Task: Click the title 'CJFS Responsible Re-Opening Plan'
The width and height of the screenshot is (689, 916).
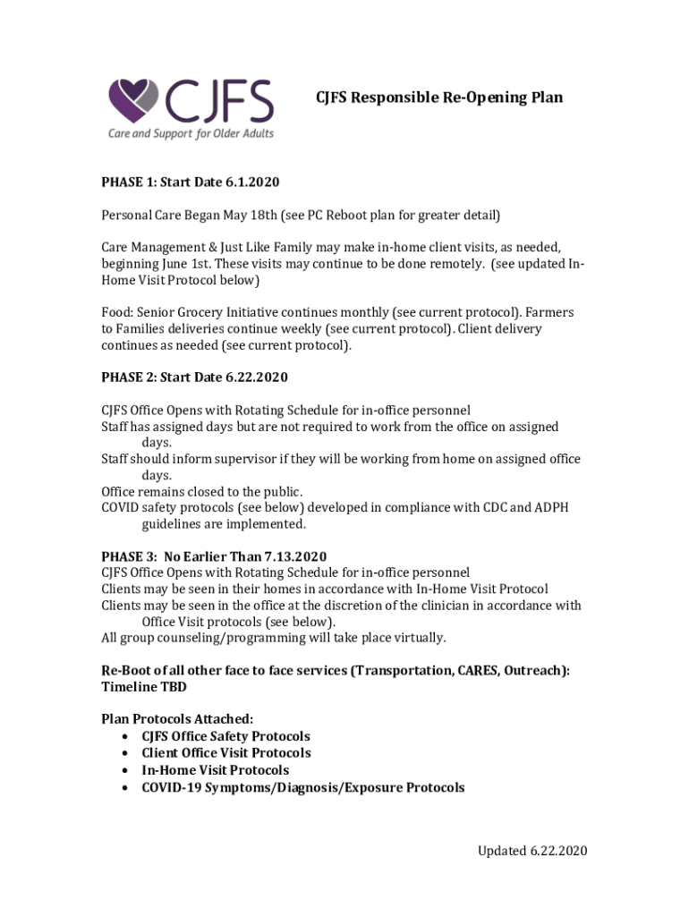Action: point(438,97)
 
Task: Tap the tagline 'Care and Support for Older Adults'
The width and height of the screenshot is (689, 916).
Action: point(191,134)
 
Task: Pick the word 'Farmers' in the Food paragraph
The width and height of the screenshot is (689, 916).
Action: point(549,313)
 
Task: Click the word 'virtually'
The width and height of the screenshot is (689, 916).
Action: point(418,638)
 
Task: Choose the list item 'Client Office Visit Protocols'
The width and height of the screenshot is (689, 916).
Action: point(226,753)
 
